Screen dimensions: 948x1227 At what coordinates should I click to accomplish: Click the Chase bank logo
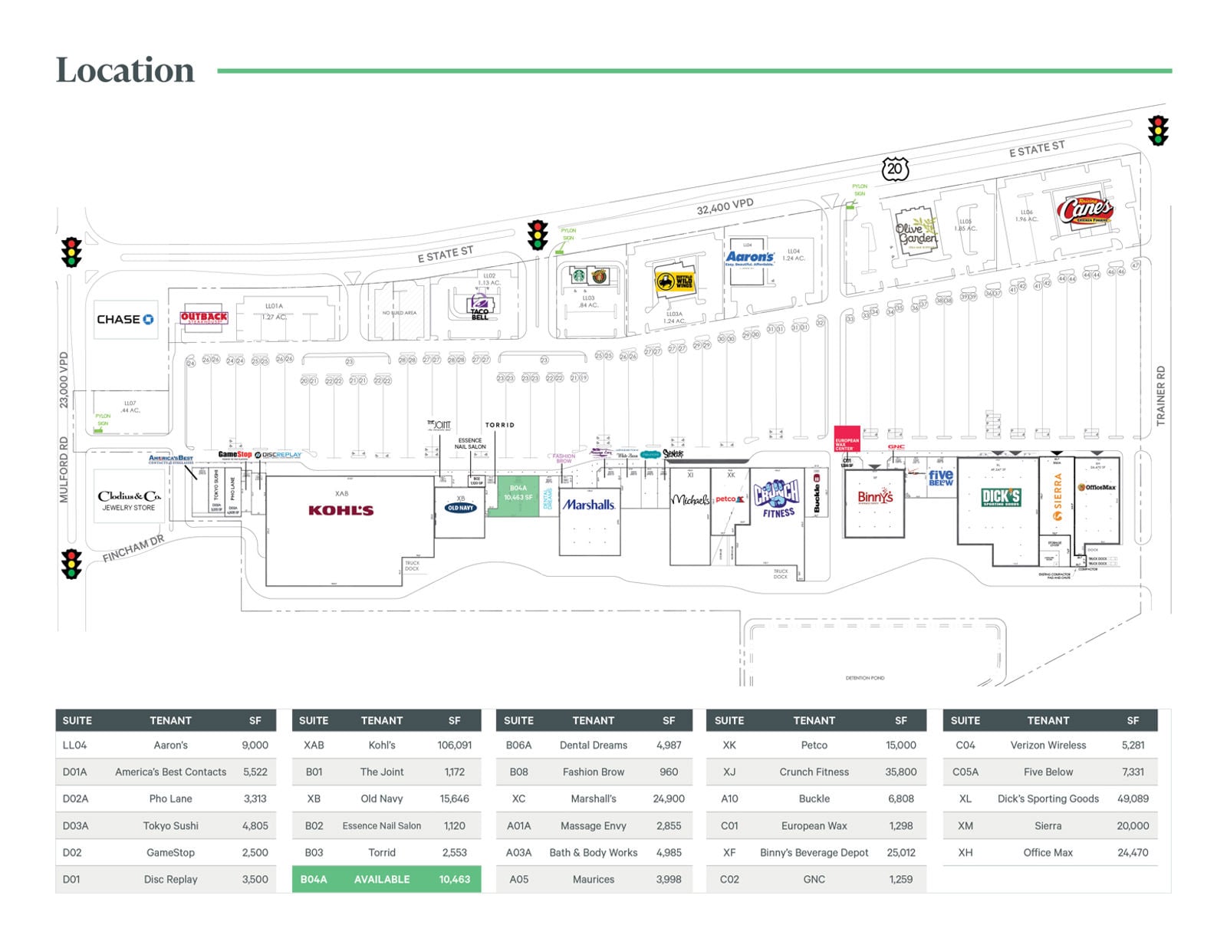coord(124,319)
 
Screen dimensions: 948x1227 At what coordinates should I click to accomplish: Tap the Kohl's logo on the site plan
coord(340,510)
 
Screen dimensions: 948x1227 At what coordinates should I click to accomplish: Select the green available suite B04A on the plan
coord(518,495)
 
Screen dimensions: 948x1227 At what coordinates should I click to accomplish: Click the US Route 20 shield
coord(894,169)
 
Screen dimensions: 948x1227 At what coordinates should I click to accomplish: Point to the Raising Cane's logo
coord(1084,209)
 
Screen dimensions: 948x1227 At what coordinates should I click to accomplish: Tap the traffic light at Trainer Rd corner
coord(1157,130)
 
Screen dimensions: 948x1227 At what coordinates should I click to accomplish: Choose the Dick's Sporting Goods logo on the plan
coord(1001,498)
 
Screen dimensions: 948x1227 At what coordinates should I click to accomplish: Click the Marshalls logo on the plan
coord(589,505)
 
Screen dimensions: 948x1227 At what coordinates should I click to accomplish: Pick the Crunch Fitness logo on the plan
coord(777,499)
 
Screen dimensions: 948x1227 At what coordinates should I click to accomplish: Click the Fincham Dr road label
coord(133,548)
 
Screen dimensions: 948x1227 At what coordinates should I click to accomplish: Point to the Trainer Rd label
coord(1160,396)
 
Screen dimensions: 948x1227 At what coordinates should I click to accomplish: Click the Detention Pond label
coord(864,678)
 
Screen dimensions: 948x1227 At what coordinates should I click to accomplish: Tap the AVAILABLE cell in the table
coord(381,879)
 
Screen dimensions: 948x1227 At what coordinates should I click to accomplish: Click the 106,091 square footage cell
coord(455,745)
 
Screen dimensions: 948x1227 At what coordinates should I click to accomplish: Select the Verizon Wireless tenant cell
coord(1048,745)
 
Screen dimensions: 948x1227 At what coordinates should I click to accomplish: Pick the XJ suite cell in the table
coord(729,772)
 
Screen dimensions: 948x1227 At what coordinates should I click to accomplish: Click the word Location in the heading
coord(125,70)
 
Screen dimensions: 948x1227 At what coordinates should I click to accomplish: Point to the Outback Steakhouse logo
coord(204,317)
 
